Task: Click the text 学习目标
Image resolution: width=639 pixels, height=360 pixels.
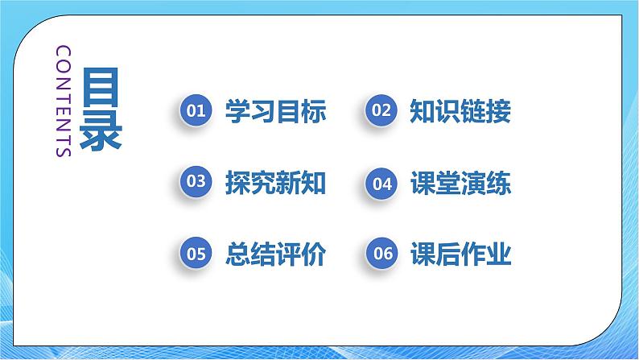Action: point(276,111)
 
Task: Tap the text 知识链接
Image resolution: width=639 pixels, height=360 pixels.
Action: point(460,111)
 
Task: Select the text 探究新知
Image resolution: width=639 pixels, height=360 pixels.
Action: point(276,183)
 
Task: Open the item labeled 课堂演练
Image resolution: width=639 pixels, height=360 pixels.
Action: point(460,183)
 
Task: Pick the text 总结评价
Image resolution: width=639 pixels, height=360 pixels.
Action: point(276,254)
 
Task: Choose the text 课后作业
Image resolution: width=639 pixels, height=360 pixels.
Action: point(460,254)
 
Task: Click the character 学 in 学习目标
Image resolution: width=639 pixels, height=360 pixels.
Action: point(238,111)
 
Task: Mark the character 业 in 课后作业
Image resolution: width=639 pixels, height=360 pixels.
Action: point(499,254)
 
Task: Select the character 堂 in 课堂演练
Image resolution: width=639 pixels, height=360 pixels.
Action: point(447,183)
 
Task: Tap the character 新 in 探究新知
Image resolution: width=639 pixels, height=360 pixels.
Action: point(289,183)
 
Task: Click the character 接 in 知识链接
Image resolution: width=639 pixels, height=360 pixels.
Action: point(499,111)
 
